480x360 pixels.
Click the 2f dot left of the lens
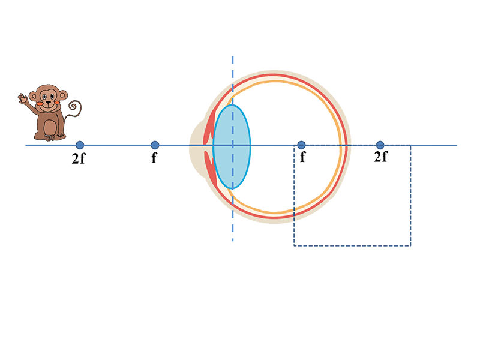(x=80, y=145)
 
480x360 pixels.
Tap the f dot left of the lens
(x=155, y=145)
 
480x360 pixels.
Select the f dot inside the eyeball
(x=301, y=145)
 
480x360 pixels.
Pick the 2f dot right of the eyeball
(x=380, y=145)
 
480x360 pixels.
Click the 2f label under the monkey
(x=79, y=158)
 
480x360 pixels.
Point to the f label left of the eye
(x=154, y=158)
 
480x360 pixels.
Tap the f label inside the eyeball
(x=302, y=157)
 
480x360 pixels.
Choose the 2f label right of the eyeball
(x=381, y=156)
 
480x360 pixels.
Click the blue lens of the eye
(x=232, y=146)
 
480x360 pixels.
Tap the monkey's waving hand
(x=23, y=98)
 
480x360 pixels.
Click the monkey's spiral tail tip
(x=73, y=107)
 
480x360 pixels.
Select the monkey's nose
(x=49, y=102)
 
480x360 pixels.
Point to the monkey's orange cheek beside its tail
(x=57, y=102)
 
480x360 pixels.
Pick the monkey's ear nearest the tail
(x=63, y=95)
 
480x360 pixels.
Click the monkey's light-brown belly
(x=50, y=127)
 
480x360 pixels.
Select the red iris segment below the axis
(x=211, y=168)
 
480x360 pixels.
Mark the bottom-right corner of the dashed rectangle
(x=410, y=245)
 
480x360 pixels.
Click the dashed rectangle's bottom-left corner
(x=294, y=245)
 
